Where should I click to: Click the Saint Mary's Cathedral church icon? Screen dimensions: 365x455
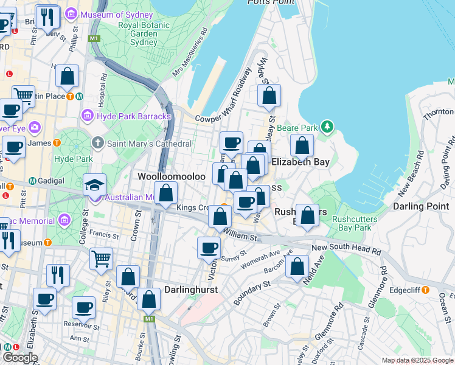(x=98, y=143)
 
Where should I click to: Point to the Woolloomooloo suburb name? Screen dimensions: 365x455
(x=172, y=176)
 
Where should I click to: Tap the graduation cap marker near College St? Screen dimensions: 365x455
(x=94, y=185)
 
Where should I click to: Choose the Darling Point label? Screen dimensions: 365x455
(x=421, y=206)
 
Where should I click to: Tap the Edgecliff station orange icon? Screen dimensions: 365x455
(x=426, y=290)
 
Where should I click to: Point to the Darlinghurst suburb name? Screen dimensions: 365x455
(x=193, y=290)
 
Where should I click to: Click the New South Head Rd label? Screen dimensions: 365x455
(x=346, y=249)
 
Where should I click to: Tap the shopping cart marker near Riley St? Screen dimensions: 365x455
(x=101, y=258)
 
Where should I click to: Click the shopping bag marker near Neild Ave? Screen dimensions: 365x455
(x=297, y=266)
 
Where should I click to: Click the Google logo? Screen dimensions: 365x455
(x=19, y=358)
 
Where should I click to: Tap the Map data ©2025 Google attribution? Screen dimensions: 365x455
(x=417, y=360)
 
